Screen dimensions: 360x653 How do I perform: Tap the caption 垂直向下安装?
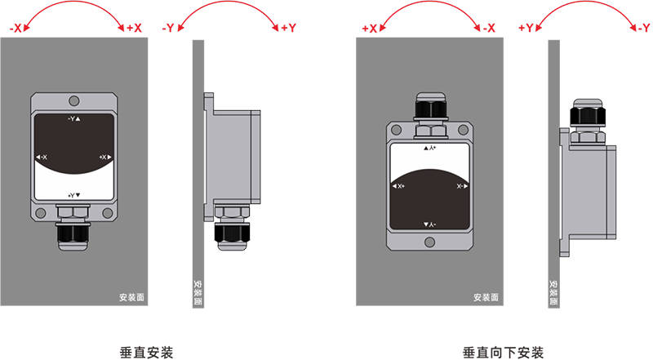[x=502, y=352]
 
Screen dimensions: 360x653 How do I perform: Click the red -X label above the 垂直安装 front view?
[x=17, y=29]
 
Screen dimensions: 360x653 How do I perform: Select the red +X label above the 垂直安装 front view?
[x=133, y=29]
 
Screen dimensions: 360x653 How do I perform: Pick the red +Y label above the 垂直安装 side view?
[x=288, y=29]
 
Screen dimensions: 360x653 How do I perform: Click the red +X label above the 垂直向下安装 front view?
[x=369, y=29]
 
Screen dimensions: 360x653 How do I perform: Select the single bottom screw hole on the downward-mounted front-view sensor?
[x=430, y=241]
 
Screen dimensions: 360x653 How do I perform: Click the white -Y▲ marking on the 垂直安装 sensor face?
[x=74, y=119]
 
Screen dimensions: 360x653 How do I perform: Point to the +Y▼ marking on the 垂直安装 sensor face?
[x=74, y=196]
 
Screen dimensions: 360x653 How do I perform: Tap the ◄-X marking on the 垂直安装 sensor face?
[x=42, y=157]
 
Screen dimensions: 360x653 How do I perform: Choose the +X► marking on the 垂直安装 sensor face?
[x=104, y=156]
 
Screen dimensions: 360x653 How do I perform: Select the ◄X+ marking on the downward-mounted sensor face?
[x=400, y=187]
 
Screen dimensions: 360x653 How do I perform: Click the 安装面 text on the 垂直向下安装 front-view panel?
[x=486, y=298]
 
